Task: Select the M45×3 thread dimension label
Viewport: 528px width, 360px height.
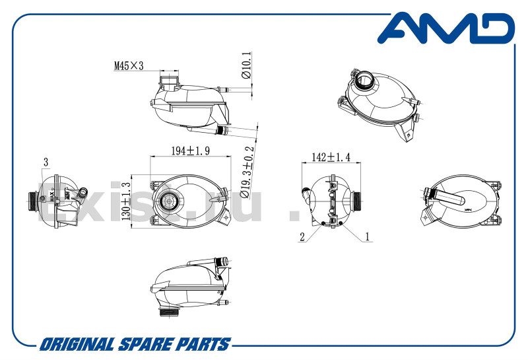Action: click(129, 66)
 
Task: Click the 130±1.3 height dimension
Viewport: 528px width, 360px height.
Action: click(126, 201)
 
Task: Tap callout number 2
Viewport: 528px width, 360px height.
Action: click(301, 236)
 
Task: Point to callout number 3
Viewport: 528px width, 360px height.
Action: click(46, 162)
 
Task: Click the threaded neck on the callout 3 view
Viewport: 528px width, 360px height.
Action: click(33, 200)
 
